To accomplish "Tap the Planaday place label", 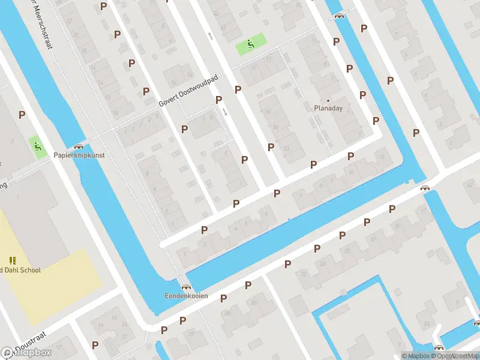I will pos(328,109).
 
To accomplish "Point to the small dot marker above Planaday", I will pos(328,100).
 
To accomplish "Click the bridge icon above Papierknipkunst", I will pos(78,146).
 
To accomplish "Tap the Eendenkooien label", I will pos(187,296).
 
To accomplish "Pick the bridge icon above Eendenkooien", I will pos(187,287).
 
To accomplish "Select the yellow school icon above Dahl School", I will pos(13,260).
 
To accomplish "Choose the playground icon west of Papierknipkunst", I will pos(37,146).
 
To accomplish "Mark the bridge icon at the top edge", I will pos(340,16).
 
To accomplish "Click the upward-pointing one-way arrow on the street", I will pos(210,37).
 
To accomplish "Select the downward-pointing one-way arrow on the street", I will pos(225,112).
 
